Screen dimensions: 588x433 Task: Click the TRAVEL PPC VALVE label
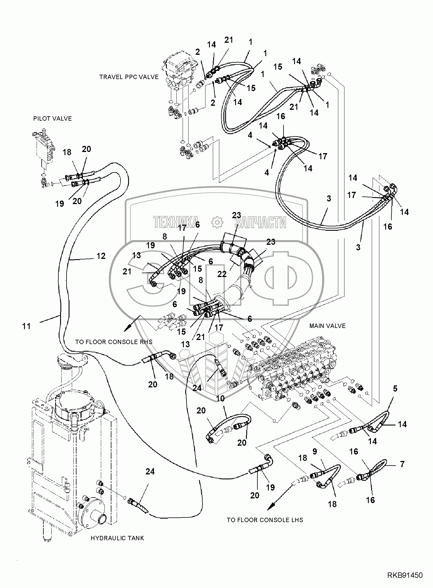(129, 77)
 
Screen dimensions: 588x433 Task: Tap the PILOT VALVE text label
(52, 119)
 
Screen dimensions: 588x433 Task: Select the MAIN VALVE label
(327, 326)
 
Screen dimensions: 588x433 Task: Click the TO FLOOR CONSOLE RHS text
(114, 342)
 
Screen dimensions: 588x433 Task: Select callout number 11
(26, 326)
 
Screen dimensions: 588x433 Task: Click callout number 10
(220, 399)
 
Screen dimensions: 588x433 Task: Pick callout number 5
(395, 389)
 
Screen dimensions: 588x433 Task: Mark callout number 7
(402, 464)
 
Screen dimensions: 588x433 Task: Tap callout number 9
(315, 452)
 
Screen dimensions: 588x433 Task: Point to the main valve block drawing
(296, 372)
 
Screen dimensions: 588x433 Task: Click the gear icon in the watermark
(217, 222)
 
